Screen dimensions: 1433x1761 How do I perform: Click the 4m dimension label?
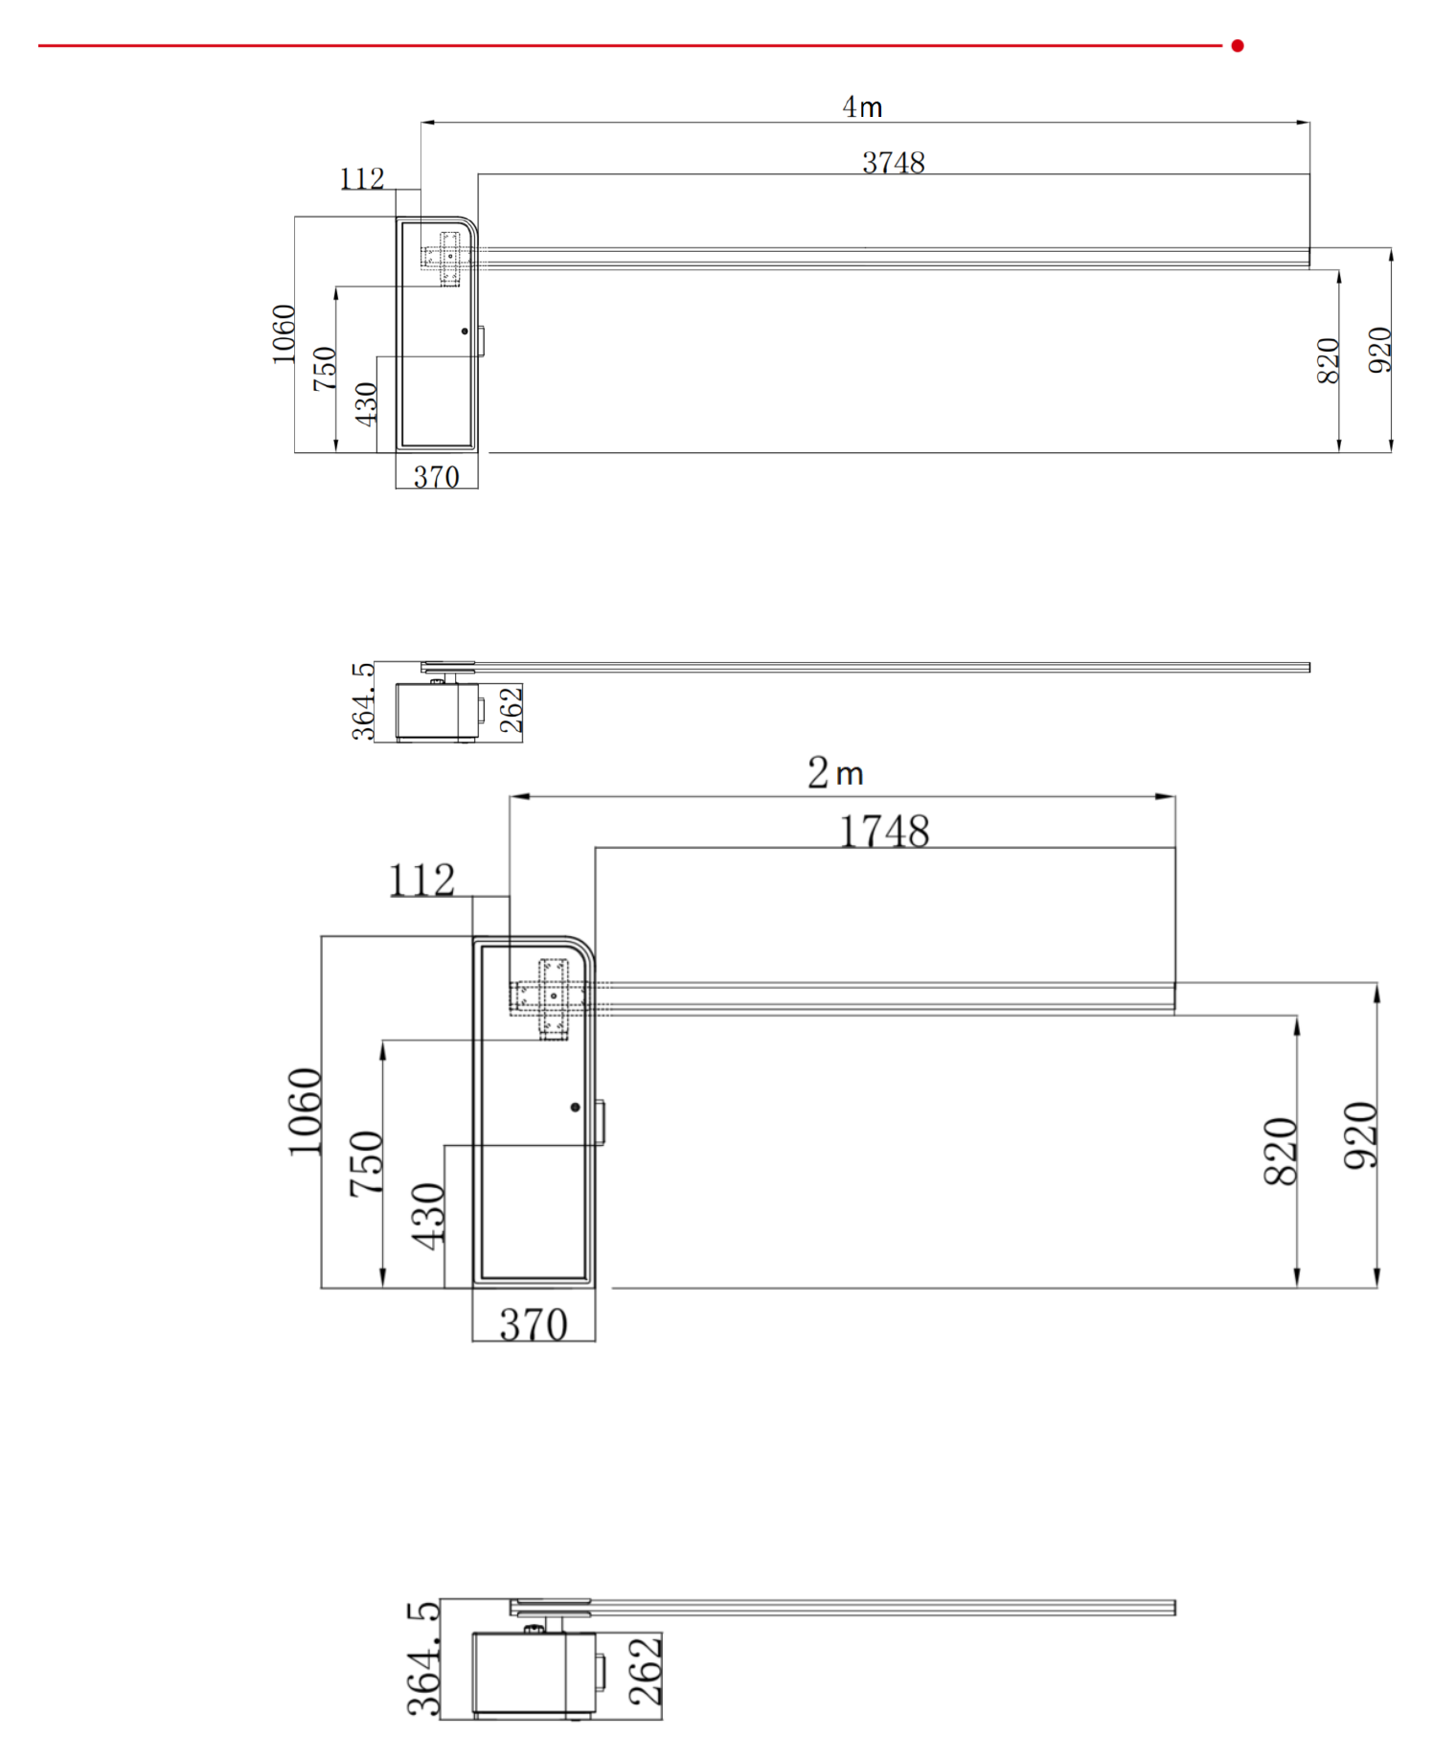862,106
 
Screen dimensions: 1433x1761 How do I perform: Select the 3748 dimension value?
894,163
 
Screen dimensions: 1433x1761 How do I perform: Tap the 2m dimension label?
835,772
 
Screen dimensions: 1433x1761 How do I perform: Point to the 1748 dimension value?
884,831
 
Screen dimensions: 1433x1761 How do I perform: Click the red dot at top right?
1238,45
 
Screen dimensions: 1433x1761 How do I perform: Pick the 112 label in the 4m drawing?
362,178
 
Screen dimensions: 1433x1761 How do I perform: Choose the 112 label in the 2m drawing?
421,880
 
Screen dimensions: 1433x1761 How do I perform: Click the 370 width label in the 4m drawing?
437,476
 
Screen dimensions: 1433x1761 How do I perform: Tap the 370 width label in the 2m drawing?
534,1324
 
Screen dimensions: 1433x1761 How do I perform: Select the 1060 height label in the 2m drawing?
305,1111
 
